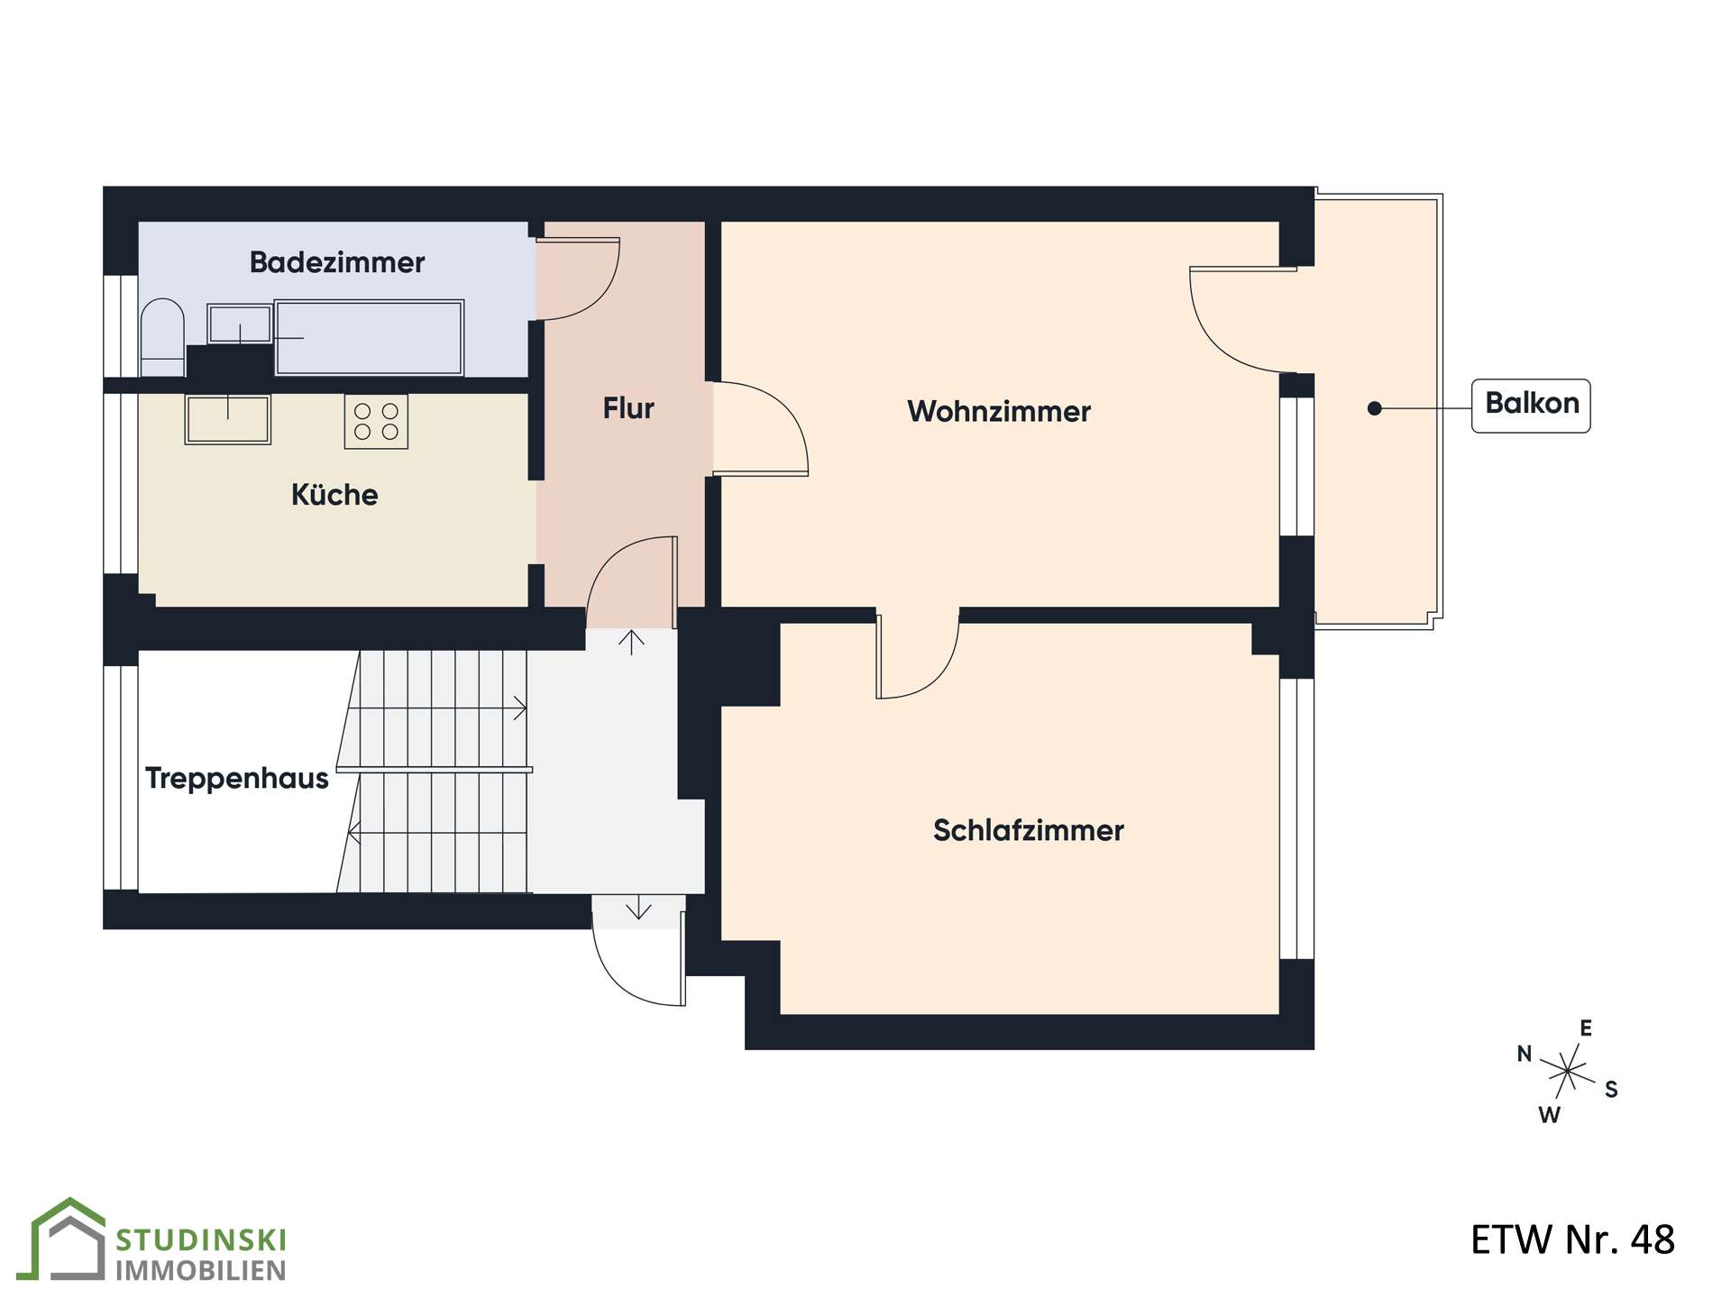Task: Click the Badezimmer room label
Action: pos(336,262)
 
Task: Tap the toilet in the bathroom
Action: pos(162,337)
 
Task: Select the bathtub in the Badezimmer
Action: pos(369,337)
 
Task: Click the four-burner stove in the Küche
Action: pos(376,421)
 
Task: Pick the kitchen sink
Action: pos(227,419)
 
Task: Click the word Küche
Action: pos(334,495)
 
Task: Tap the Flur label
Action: pos(628,408)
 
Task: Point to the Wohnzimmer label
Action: pos(999,411)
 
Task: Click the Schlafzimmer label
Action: pos(1029,830)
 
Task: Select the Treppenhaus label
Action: pos(237,778)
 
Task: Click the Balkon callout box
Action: pos(1531,406)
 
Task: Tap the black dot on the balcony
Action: pos(1374,408)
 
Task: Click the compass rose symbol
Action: pos(1569,1072)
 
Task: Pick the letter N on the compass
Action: pos(1525,1054)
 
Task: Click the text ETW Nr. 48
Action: pos(1572,1239)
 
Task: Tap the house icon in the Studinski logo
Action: pos(68,1239)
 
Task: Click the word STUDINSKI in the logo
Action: pos(201,1240)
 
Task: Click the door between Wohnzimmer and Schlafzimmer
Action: pos(917,657)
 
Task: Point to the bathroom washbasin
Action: pos(240,324)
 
